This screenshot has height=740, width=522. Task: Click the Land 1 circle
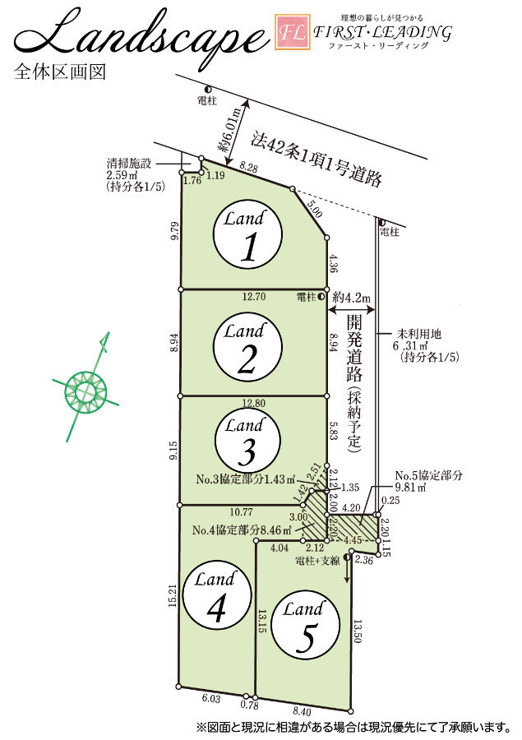tap(247, 234)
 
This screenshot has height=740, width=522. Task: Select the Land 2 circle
tap(247, 347)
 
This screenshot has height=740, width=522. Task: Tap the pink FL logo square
tap(293, 32)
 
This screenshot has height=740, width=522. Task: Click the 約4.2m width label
tap(351, 298)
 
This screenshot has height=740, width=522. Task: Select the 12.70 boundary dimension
tap(254, 297)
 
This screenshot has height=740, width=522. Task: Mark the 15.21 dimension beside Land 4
tap(173, 595)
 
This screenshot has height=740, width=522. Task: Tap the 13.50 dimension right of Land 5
tap(358, 631)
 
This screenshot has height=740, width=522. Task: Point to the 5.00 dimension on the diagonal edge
tap(314, 209)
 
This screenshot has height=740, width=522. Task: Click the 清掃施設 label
tap(129, 164)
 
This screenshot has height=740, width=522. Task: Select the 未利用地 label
tap(418, 334)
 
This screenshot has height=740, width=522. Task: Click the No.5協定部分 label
tap(428, 476)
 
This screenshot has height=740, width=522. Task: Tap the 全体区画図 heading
tap(60, 72)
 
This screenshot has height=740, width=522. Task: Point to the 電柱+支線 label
tap(317, 561)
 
